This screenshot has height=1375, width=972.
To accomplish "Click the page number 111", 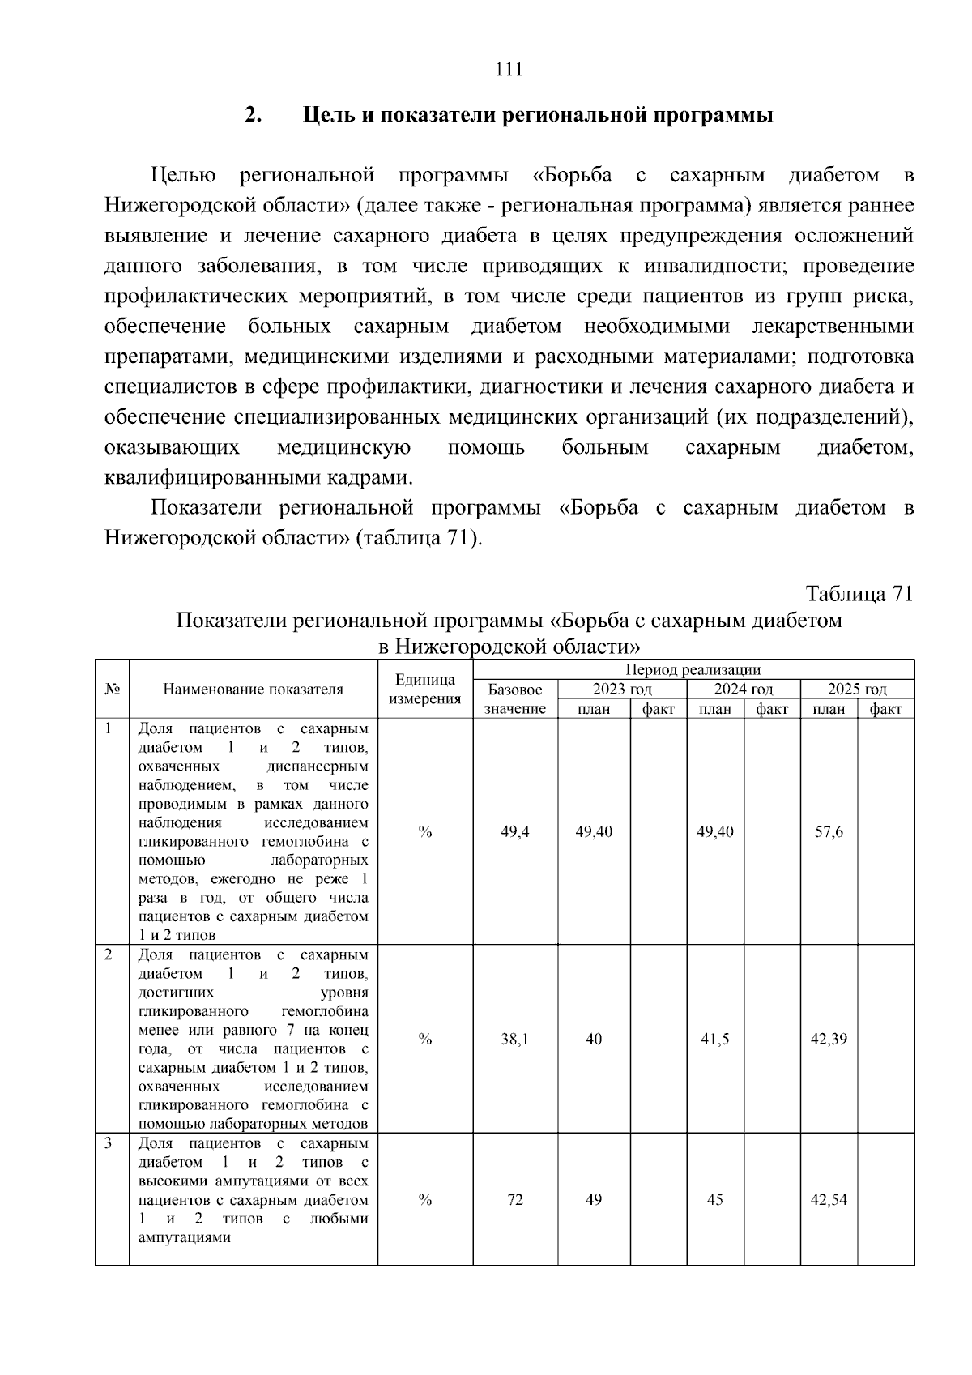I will click(x=509, y=69).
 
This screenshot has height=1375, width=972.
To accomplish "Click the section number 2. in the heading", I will click(x=254, y=115).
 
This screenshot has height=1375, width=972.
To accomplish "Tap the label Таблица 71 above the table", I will click(x=859, y=594).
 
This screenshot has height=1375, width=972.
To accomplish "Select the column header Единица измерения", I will click(x=425, y=690).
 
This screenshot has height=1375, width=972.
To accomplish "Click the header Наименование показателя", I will click(x=253, y=690).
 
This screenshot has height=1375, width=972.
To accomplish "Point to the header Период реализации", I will click(x=693, y=670).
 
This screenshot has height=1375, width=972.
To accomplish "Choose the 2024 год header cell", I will click(x=743, y=690).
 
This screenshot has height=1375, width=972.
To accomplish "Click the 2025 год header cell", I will click(x=857, y=690).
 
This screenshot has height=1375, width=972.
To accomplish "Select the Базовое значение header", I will click(x=515, y=699).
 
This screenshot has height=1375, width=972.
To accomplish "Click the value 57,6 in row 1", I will click(x=829, y=832).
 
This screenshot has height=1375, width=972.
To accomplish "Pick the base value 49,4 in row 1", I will click(x=515, y=832).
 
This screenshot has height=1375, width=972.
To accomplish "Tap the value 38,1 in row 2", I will click(x=515, y=1040).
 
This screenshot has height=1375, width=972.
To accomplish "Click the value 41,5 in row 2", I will click(x=714, y=1040).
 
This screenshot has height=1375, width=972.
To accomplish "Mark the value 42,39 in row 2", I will click(x=829, y=1040).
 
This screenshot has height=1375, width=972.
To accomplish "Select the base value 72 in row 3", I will click(x=515, y=1200).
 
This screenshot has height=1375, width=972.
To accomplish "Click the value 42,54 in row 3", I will click(x=829, y=1200).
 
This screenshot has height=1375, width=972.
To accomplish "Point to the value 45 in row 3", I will click(x=714, y=1200).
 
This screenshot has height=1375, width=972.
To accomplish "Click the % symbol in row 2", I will click(x=425, y=1040).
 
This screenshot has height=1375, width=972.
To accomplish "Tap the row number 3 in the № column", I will click(x=109, y=1143).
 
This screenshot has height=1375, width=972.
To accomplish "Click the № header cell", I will click(x=112, y=690).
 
